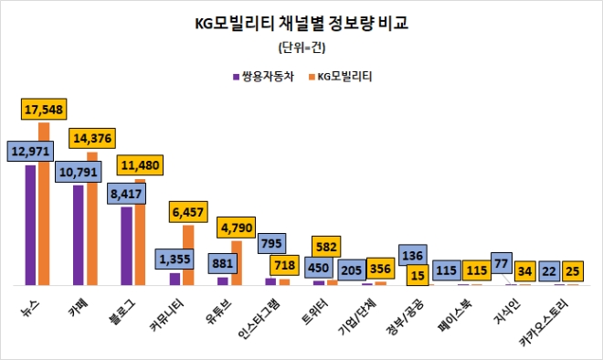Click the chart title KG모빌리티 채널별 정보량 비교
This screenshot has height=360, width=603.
[301, 25]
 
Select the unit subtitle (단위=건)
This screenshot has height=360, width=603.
[301, 48]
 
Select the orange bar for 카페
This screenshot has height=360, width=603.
[92, 219]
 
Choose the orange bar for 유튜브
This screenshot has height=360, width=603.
[236, 262]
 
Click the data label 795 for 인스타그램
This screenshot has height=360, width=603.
[270, 243]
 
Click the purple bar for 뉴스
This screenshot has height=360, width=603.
[31, 224]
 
